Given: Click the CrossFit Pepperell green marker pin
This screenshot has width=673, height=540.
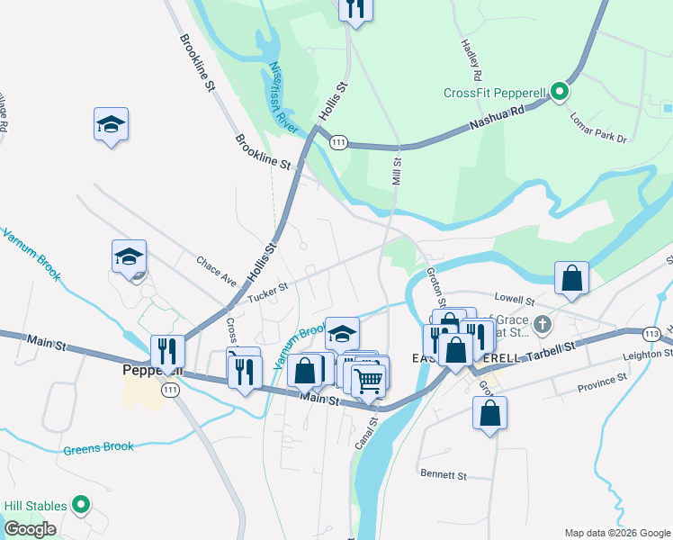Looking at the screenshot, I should click(559, 92).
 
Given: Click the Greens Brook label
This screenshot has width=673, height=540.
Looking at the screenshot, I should click(98, 447).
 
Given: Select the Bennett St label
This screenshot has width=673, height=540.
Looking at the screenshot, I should click(444, 473).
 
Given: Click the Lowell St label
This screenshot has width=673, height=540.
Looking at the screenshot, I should click(515, 299).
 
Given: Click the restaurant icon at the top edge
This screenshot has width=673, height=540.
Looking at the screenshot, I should click(355, 8).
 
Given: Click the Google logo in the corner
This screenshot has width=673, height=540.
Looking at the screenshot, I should click(30, 529).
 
